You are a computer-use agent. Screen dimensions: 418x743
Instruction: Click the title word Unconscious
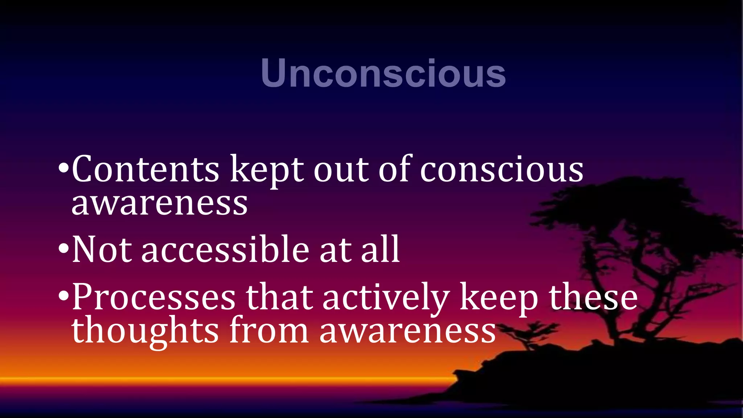383,73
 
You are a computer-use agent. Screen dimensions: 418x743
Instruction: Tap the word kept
267,170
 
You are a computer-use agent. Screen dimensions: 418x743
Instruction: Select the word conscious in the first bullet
502,170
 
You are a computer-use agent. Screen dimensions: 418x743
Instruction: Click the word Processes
154,298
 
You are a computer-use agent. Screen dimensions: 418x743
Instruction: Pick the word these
593,298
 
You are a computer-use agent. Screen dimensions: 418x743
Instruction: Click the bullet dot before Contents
63,169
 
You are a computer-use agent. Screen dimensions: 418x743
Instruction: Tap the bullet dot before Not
63,249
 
